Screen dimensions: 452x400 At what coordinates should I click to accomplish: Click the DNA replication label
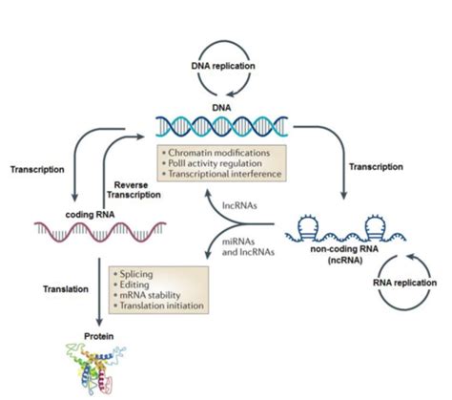223,66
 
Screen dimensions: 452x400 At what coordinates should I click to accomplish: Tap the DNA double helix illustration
222,127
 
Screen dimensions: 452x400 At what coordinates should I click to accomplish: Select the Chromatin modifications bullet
216,153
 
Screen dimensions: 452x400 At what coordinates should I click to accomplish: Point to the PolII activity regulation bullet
212,163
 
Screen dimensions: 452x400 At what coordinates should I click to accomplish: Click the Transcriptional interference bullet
222,174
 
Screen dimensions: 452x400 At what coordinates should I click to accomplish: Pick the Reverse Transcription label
134,190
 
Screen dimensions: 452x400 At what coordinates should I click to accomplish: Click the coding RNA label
90,215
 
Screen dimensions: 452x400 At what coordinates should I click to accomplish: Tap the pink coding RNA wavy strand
100,232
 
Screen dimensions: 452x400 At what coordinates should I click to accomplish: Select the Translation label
66,289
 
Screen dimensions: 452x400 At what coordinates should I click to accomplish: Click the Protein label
99,336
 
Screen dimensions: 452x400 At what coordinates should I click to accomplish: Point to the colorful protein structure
95,369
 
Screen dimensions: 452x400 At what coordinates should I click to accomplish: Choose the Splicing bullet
134,274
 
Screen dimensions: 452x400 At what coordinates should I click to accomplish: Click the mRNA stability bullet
147,295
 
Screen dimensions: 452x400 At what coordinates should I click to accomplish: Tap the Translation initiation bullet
158,305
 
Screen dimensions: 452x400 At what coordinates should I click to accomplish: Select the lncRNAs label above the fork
239,205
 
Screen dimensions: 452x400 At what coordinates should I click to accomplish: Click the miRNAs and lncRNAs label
248,247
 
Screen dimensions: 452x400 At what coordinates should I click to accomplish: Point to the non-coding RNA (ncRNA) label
344,254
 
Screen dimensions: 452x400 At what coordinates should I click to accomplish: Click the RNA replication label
404,283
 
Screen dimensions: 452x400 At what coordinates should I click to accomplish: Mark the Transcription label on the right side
376,167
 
